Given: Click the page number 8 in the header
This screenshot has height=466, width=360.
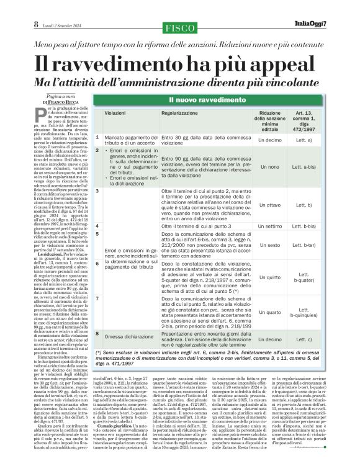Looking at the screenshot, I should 18,24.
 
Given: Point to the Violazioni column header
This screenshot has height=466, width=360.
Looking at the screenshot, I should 115,115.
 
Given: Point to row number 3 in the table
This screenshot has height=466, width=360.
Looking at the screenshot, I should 97,192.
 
